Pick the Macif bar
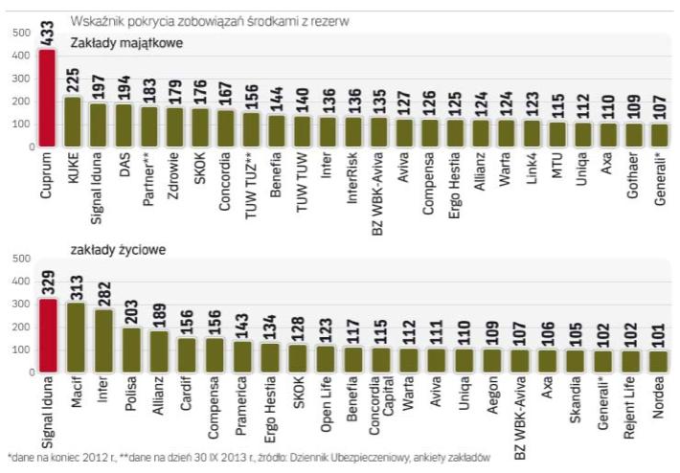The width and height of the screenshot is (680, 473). (77, 337)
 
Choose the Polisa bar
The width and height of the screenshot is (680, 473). (131, 350)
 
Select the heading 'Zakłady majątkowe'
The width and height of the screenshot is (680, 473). (128, 44)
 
